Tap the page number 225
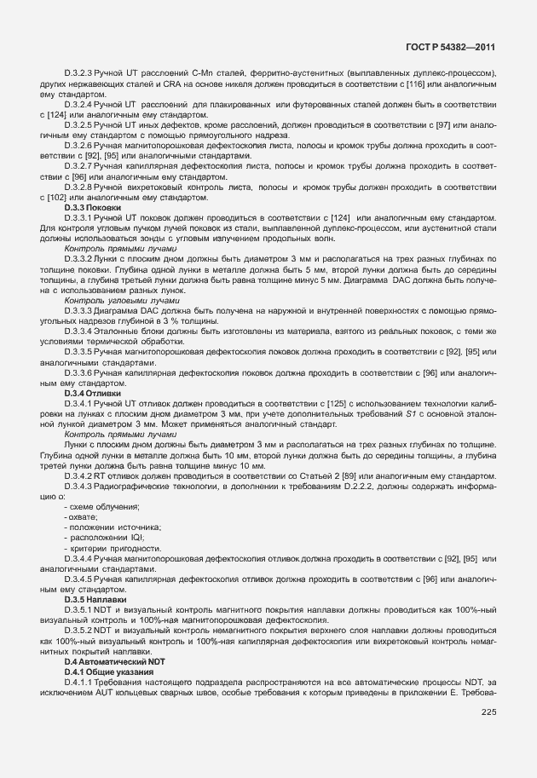coord(488,713)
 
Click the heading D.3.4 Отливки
coord(94,393)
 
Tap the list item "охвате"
coord(82,518)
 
